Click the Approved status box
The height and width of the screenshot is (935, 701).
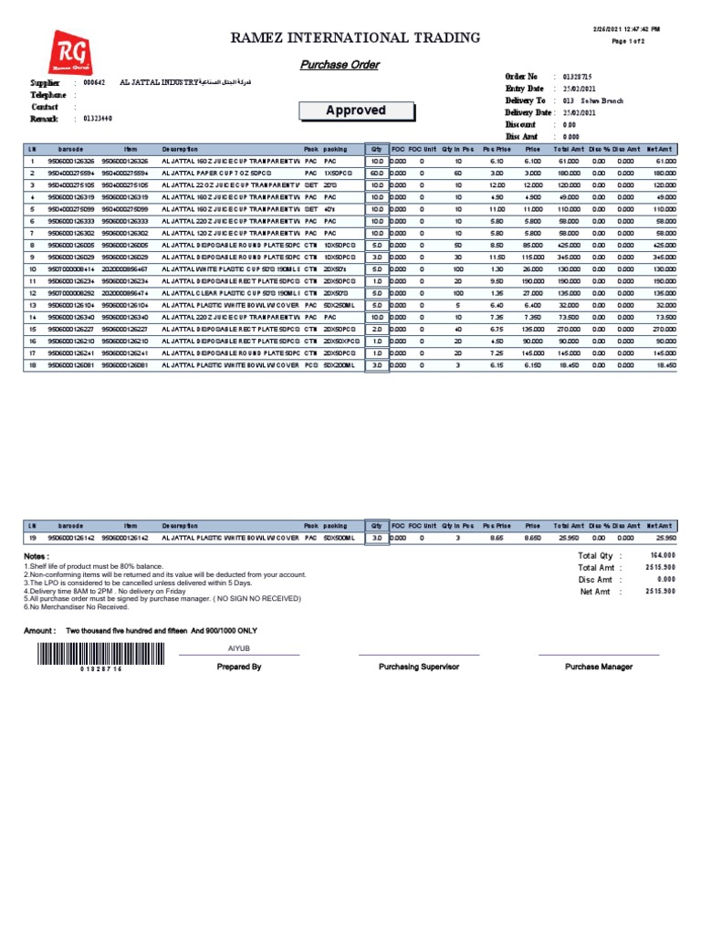coord(356,111)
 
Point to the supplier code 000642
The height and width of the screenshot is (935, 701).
coord(94,82)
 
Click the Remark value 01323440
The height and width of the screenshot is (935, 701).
coord(98,118)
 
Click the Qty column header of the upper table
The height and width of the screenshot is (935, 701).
coord(376,148)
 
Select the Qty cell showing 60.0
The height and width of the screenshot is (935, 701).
coord(376,172)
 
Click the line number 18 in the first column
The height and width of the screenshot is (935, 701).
coord(32,365)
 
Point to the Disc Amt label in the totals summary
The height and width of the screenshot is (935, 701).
coord(595,580)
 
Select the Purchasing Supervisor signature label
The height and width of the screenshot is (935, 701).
coord(419,667)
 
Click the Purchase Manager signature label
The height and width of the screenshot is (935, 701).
coord(598,667)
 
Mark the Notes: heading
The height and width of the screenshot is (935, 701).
coord(36,556)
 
